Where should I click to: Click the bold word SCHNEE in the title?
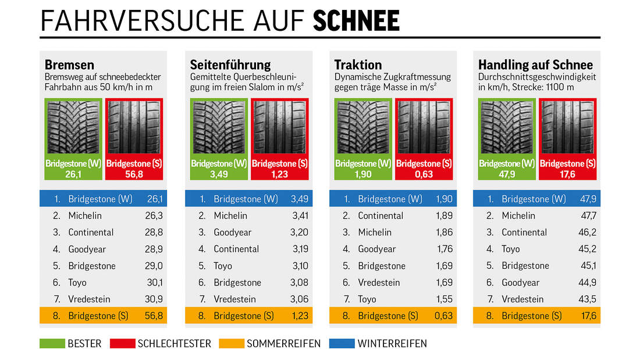tap(356, 22)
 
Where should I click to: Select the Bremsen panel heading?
tap(69, 65)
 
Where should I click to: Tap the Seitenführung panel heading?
tap(230, 65)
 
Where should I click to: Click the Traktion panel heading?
tap(358, 65)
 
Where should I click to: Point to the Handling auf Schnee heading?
tap(535, 65)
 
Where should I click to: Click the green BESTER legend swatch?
tap(52, 344)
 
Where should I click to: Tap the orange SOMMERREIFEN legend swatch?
tap(232, 344)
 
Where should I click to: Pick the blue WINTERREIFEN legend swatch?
tap(342, 344)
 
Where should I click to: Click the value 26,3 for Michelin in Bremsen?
tap(154, 216)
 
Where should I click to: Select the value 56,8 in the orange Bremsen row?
tap(154, 316)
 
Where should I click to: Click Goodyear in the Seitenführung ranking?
tap(233, 232)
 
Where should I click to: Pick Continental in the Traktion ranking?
tap(381, 216)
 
